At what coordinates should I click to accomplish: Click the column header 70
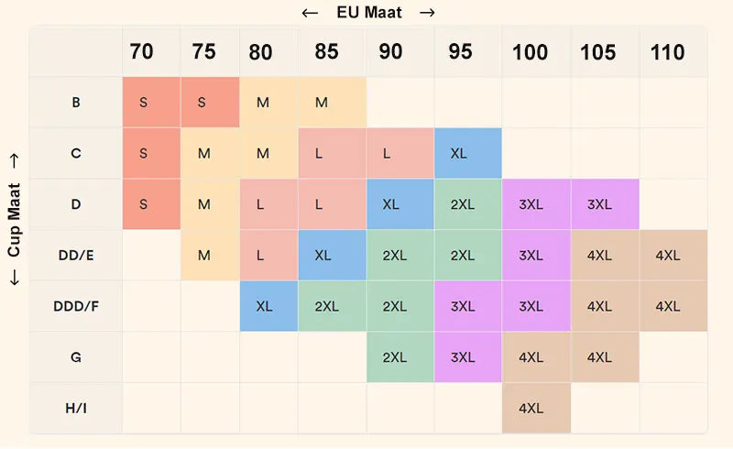tap(142, 52)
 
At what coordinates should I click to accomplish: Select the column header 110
tap(667, 52)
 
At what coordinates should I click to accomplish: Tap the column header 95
tap(461, 52)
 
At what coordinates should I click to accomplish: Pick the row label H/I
tap(76, 407)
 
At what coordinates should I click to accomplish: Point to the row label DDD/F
tap(76, 306)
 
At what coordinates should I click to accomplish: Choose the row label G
tap(76, 356)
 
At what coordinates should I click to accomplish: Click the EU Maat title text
tap(368, 13)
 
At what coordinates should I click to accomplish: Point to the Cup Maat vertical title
tap(14, 220)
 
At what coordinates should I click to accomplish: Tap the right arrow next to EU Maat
tap(427, 13)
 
